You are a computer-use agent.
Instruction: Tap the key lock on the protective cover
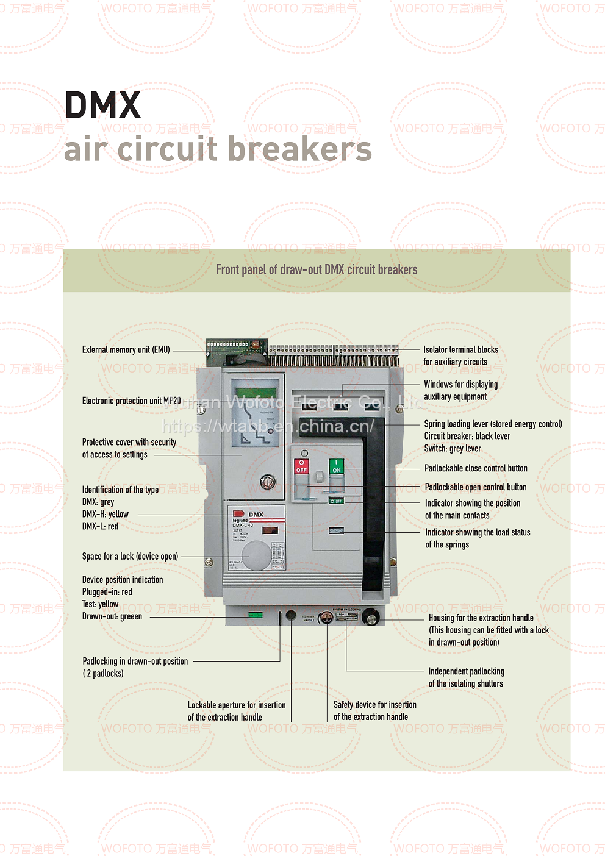[267, 482]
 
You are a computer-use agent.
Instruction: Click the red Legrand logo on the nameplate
[238, 514]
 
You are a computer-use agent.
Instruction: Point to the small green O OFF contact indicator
[336, 501]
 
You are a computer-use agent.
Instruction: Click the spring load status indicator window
[336, 530]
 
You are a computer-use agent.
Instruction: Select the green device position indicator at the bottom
[256, 615]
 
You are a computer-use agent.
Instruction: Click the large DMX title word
[102, 105]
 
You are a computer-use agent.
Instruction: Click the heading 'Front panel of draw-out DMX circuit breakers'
[317, 269]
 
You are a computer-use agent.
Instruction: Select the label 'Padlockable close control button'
[476, 468]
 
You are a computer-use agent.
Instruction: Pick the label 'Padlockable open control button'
[475, 487]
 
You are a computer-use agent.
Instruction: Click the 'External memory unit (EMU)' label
[126, 350]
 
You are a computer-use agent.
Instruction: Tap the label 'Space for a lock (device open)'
[130, 556]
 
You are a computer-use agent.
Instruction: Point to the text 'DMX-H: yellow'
[106, 514]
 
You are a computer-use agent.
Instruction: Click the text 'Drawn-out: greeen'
[112, 616]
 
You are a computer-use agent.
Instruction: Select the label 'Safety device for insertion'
[374, 705]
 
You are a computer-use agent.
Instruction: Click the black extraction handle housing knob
[370, 618]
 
